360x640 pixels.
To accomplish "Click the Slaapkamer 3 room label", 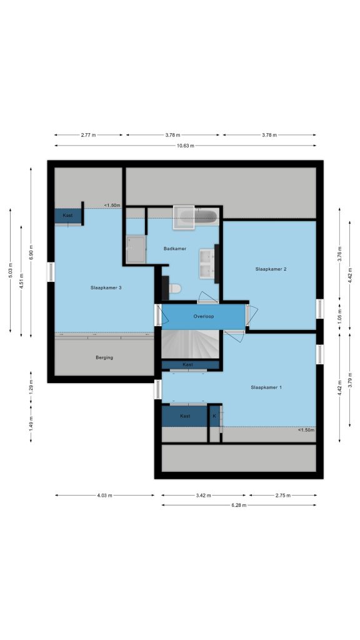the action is [106, 287].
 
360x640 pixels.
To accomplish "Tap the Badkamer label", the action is [175, 248].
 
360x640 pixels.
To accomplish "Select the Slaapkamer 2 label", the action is [271, 269].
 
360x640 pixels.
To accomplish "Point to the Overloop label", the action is [204, 316].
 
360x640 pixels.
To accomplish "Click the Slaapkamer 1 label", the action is [266, 387].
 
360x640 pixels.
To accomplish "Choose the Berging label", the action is [104, 357].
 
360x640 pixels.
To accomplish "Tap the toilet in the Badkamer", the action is [175, 289].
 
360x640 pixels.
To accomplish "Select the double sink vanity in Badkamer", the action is [207, 264].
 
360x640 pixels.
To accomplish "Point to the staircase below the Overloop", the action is [191, 344].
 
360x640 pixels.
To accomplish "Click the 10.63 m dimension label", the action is [186, 146].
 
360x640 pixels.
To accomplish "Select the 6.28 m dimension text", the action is [239, 505].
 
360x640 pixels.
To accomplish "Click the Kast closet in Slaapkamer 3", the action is [68, 216].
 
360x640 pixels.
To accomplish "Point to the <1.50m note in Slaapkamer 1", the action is [306, 430].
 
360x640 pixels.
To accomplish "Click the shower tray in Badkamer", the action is [136, 249].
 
